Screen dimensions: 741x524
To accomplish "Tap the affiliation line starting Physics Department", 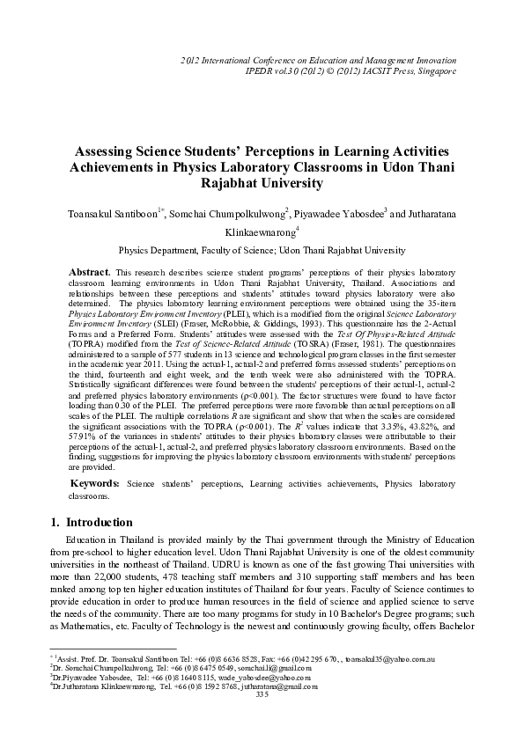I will click(x=262, y=249).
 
